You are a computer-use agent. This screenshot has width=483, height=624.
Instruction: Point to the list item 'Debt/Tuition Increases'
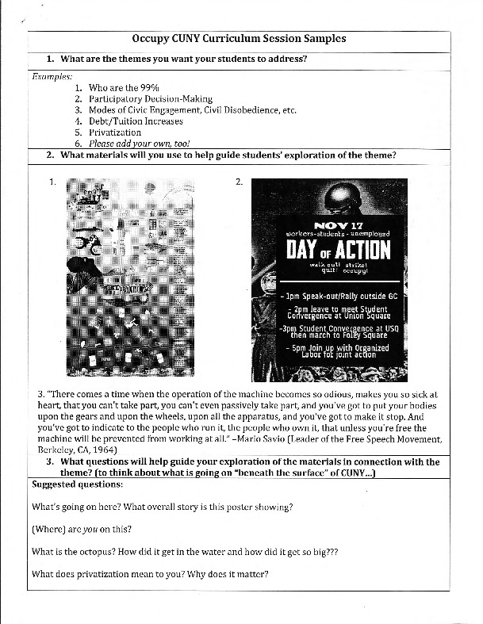point(136,121)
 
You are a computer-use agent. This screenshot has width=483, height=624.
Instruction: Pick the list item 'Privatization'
point(115,132)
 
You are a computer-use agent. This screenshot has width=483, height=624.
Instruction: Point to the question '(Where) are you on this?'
point(82,529)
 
